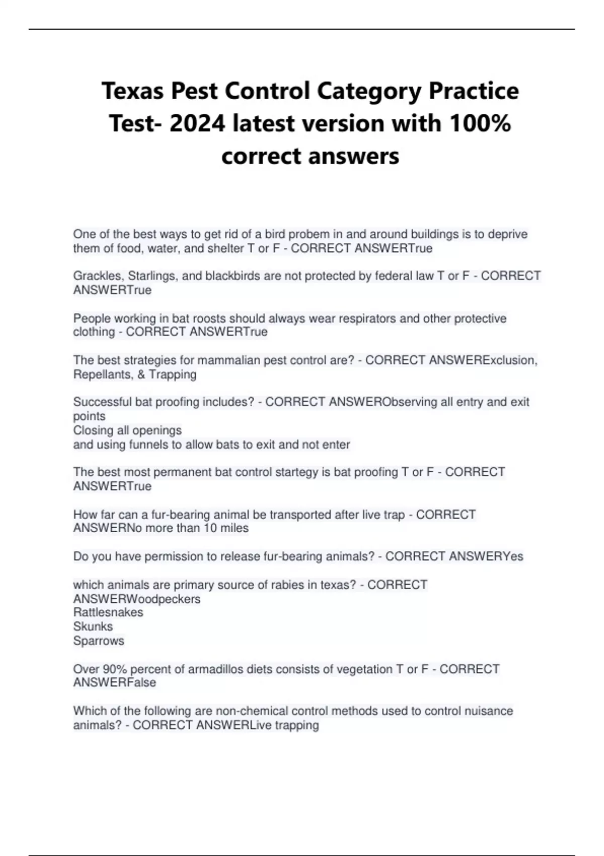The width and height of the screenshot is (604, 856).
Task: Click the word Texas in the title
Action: pos(132,91)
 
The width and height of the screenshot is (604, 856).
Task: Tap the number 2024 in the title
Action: pos(197,123)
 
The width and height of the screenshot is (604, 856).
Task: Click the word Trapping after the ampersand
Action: pos(173,375)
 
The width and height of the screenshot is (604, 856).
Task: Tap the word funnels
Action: pos(149,445)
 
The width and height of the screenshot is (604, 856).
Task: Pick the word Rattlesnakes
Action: pos(108,612)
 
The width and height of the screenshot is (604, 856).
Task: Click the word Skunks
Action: pos(93,626)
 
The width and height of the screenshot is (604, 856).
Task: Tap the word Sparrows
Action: pos(99,641)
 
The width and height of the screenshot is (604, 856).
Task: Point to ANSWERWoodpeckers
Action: pos(137,599)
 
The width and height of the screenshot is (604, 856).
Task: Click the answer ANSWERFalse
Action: pos(115,683)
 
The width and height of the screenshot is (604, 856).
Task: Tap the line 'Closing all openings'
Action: pos(127,431)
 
